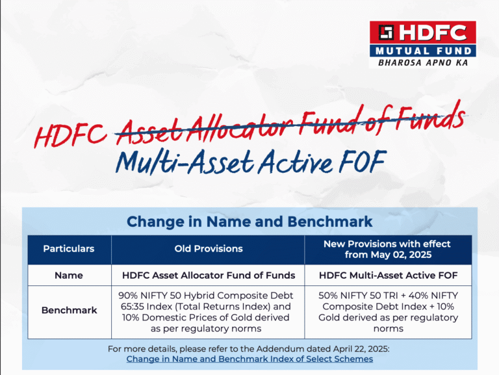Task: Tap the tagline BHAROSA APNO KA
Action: coord(422,63)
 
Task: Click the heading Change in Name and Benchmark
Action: coord(249,222)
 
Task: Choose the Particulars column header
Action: coord(69,249)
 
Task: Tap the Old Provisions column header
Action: coord(208,249)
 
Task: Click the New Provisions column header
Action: coord(388,249)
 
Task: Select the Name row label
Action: coord(69,275)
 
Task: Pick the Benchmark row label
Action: coord(69,310)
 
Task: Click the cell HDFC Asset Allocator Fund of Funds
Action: coord(208,275)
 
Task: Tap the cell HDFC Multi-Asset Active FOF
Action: coord(388,275)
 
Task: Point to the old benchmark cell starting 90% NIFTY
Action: coord(208,311)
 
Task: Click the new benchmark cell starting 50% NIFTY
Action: coord(388,311)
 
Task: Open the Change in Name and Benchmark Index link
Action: coord(249,359)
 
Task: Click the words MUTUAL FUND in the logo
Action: coord(422,50)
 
